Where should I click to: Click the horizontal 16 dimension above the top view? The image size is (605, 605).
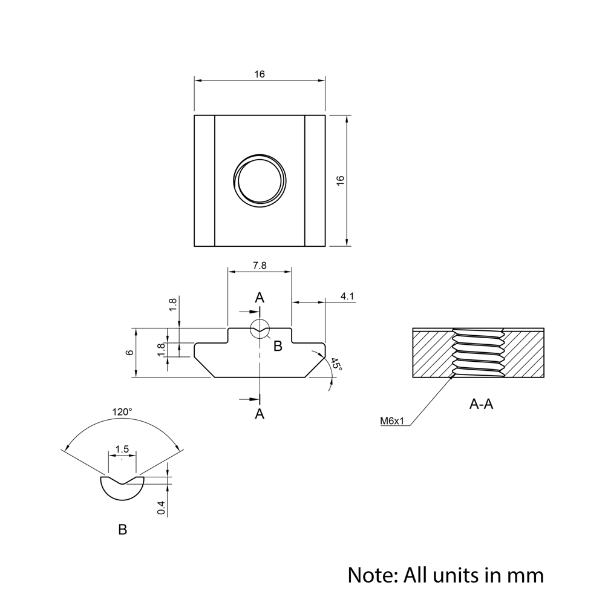[x=260, y=74]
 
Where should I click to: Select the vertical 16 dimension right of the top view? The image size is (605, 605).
[x=341, y=180]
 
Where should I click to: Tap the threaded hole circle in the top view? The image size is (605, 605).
[x=260, y=180]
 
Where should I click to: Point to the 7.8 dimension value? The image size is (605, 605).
[x=260, y=265]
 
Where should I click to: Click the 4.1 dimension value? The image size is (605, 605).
[x=347, y=296]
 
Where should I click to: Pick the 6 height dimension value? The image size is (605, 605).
[x=129, y=353]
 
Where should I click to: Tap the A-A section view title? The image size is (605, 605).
[x=481, y=404]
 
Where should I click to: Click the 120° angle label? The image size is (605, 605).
[x=122, y=412]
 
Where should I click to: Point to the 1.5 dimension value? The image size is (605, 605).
[x=122, y=449]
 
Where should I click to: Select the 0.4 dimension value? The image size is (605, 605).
[x=161, y=508]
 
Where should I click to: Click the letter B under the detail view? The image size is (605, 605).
[x=122, y=530]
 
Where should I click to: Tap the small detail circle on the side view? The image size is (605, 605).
[x=260, y=329]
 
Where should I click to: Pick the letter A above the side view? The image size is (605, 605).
[x=260, y=298]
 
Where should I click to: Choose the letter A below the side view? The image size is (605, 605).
[x=260, y=414]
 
